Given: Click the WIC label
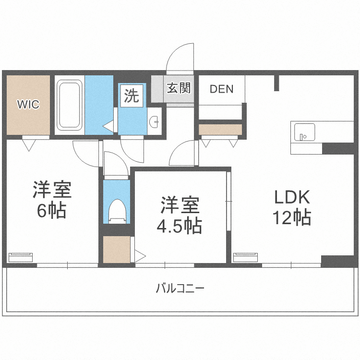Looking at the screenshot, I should click(x=28, y=104).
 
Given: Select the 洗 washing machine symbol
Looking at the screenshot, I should click(x=131, y=96).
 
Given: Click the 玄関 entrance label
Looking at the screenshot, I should click(x=179, y=88).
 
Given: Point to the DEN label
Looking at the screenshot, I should click(x=221, y=89).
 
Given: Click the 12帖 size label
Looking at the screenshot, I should click(x=292, y=218).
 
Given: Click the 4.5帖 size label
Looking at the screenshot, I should click(x=180, y=225).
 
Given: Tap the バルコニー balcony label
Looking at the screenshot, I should click(x=180, y=288).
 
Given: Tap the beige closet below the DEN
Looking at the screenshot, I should click(x=220, y=130).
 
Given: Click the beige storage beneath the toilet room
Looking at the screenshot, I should click(x=117, y=250).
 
